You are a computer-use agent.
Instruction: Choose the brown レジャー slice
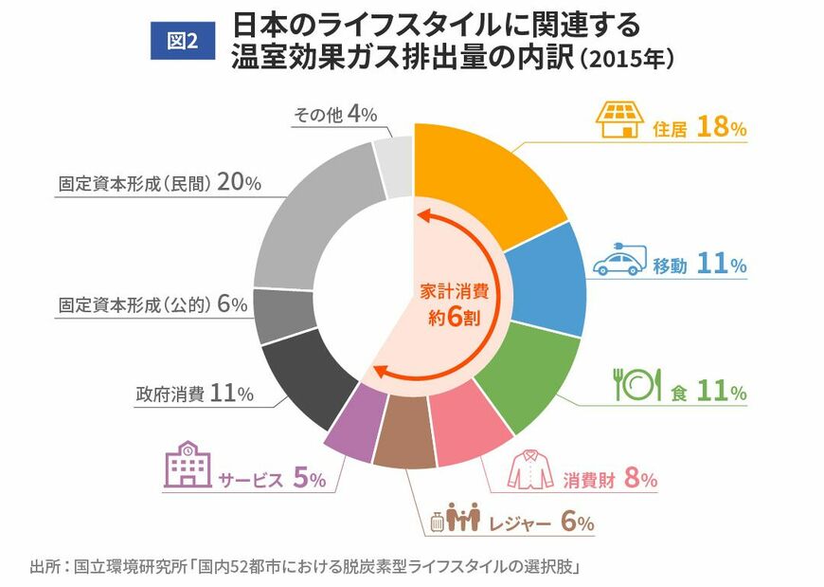click(402, 441)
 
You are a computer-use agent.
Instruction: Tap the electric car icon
click(619, 261)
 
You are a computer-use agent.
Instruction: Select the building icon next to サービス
click(186, 467)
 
